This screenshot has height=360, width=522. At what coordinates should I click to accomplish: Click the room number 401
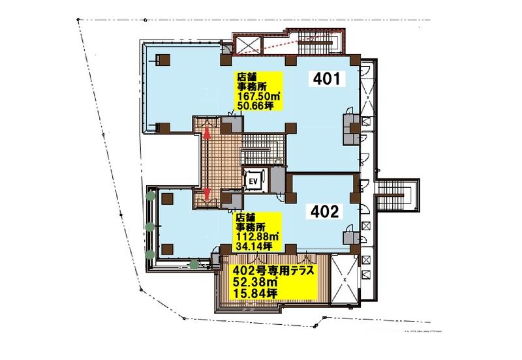pyautogui.click(x=327, y=79)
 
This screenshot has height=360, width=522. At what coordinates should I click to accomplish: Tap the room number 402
pyautogui.click(x=324, y=211)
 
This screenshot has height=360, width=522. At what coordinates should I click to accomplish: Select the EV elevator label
pyautogui.click(x=254, y=181)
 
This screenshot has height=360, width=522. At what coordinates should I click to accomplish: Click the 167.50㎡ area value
pyautogui.click(x=258, y=97)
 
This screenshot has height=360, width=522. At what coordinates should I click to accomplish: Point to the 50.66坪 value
pyautogui.click(x=255, y=106)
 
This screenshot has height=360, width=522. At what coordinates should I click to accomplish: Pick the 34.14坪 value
pyautogui.click(x=254, y=247)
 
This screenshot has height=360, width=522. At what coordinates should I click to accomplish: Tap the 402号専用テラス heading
pyautogui.click(x=274, y=271)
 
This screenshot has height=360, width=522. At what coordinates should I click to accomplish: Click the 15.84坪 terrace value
pyautogui.click(x=256, y=293)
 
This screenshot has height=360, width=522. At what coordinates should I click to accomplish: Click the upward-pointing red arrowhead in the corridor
pyautogui.click(x=207, y=134)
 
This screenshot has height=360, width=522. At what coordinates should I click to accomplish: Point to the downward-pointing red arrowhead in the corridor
pyautogui.click(x=207, y=193)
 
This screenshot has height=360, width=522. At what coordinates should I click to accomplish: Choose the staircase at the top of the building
pyautogui.click(x=315, y=42)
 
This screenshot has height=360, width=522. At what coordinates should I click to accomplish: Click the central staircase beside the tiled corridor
pyautogui.click(x=263, y=149)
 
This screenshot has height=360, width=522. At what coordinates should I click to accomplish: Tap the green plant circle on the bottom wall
pyautogui.click(x=194, y=265)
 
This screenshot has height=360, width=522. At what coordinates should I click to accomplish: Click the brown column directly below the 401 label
pyautogui.click(x=291, y=128)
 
